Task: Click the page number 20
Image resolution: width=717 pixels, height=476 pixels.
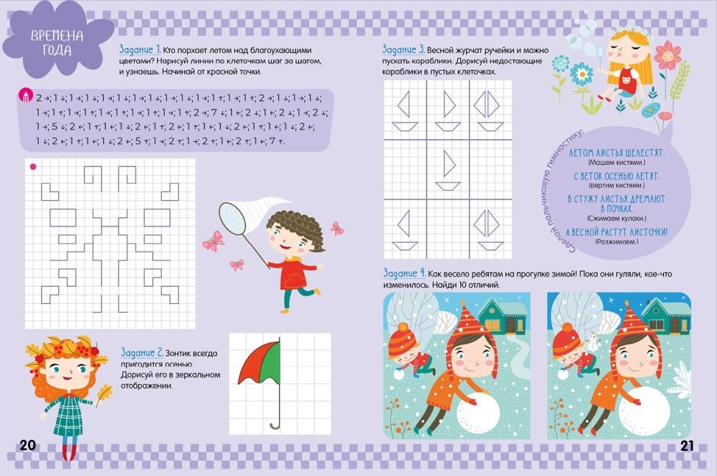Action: [x=27, y=445]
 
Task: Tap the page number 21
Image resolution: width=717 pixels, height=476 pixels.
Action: [x=687, y=445]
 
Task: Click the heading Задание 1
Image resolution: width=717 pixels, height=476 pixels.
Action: [x=138, y=49]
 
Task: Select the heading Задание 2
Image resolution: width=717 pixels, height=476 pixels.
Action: [x=142, y=353]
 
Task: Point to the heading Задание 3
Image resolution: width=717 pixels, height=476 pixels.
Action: [x=404, y=49]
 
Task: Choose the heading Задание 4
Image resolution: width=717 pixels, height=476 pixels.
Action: [x=404, y=273]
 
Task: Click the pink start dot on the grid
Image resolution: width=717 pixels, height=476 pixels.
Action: [x=32, y=167]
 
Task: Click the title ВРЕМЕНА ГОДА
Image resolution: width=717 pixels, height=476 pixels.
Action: [x=57, y=44]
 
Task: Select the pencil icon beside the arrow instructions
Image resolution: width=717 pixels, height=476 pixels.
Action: [x=26, y=95]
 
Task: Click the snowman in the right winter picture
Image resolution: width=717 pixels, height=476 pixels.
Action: [x=593, y=343]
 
